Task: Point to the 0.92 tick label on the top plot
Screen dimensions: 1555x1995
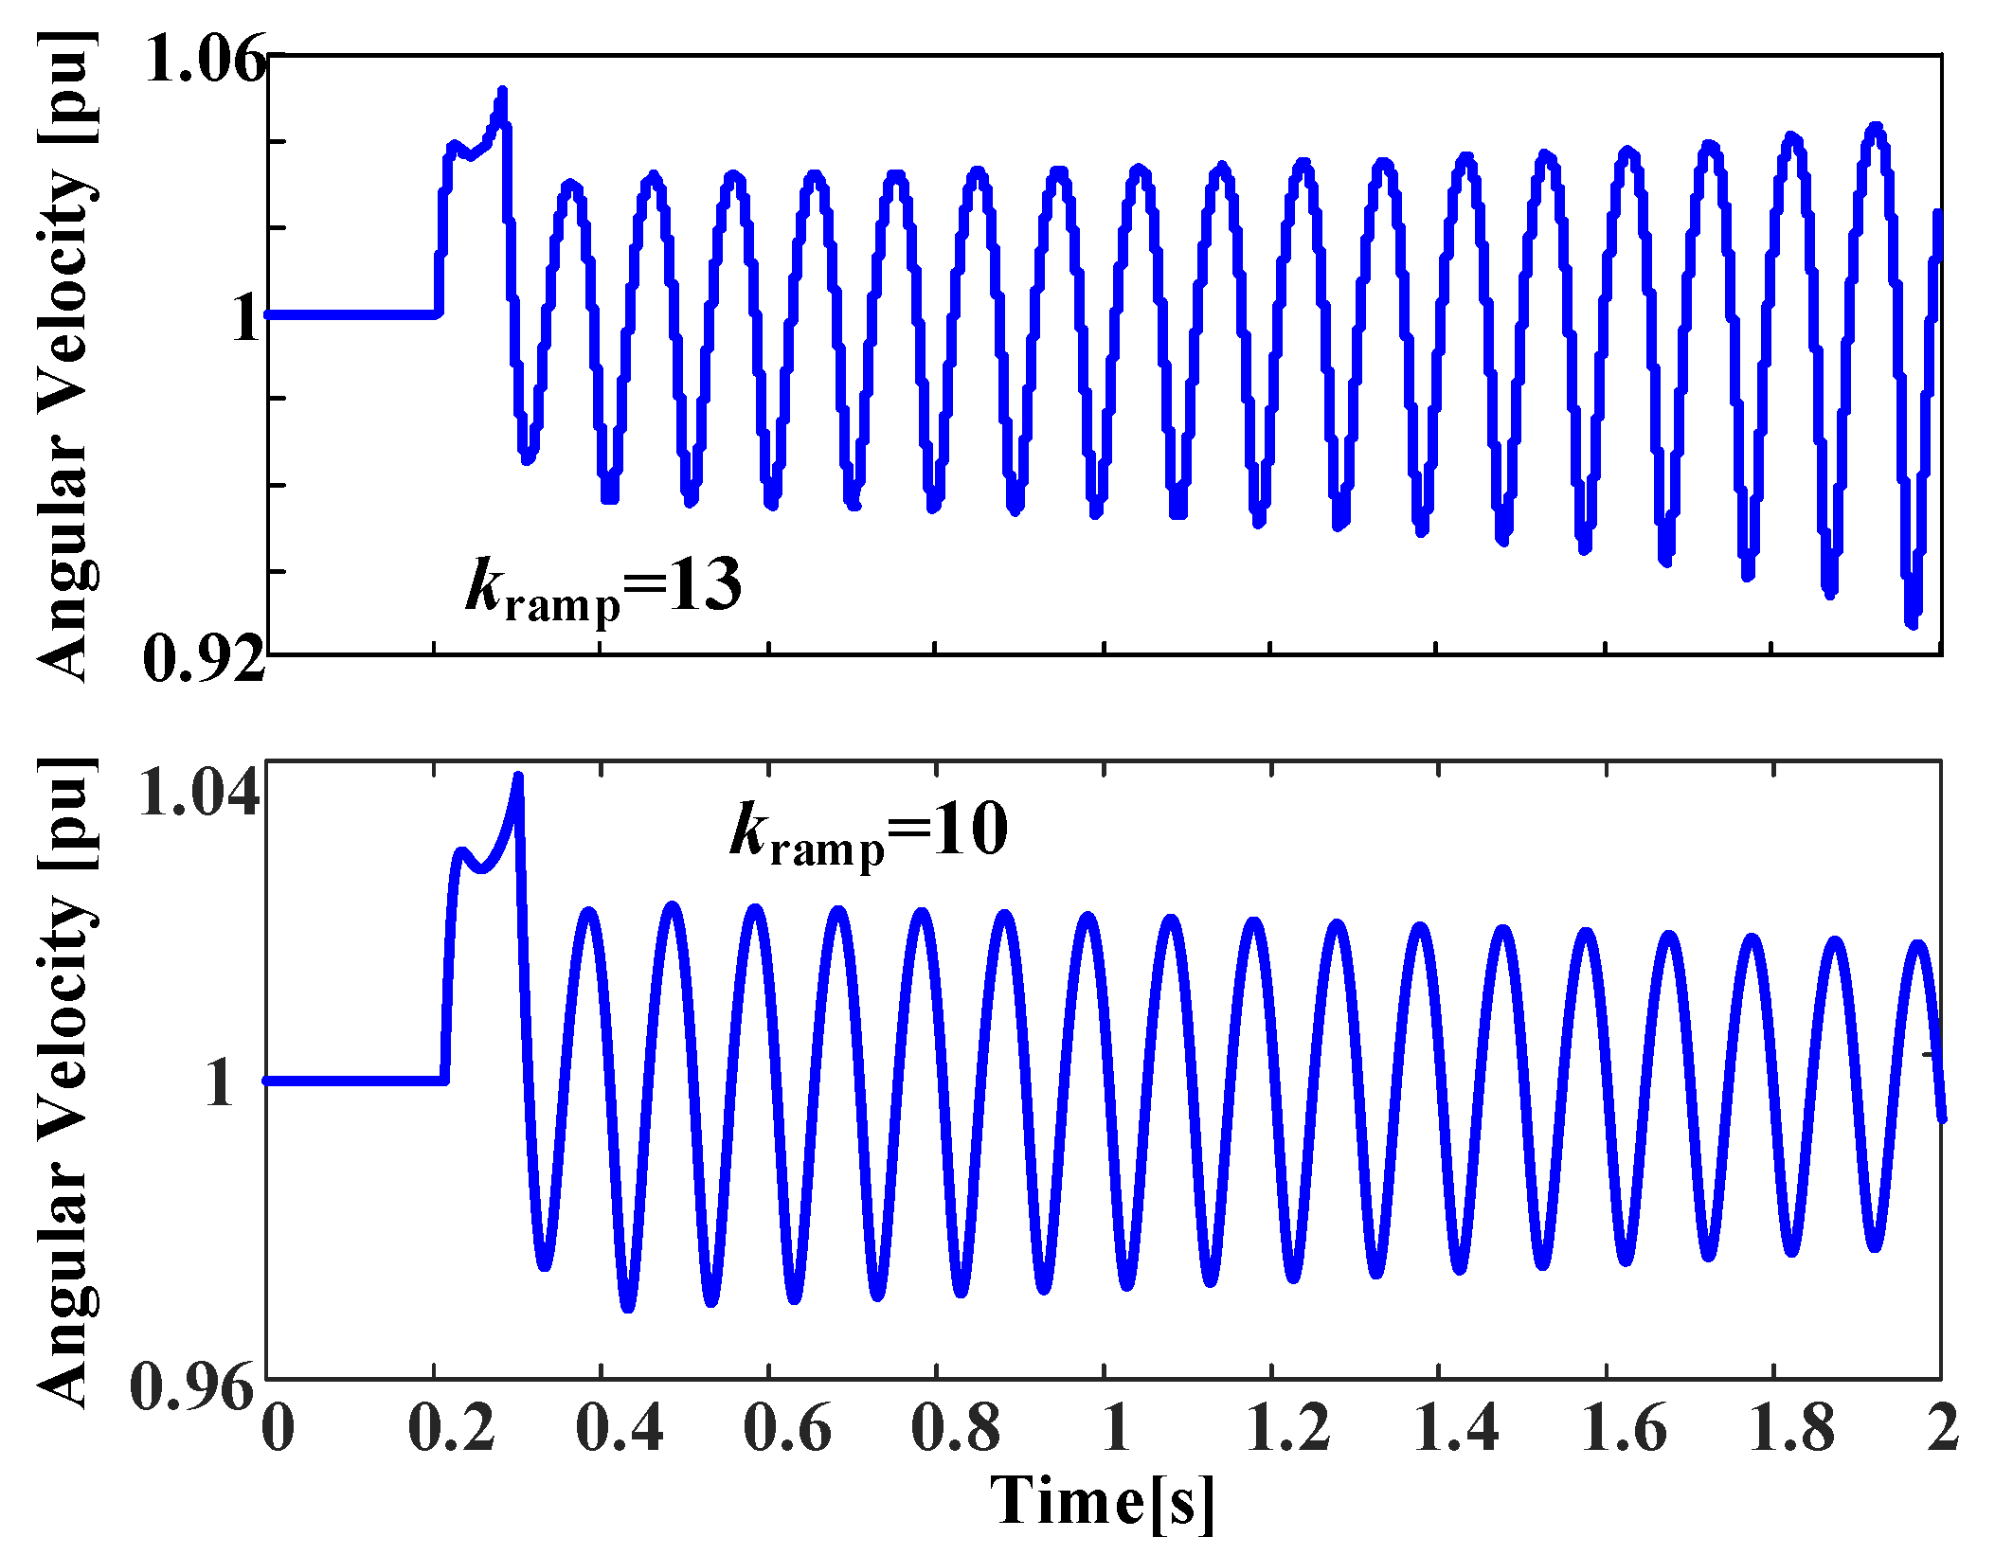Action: (x=204, y=658)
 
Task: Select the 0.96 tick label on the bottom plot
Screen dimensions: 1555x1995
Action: (x=194, y=1388)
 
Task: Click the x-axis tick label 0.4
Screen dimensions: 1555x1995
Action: (x=620, y=1427)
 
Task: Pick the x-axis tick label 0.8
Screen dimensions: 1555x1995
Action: (x=955, y=1427)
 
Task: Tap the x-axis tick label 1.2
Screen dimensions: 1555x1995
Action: (x=1288, y=1427)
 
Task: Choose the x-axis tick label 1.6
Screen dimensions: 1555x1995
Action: (x=1624, y=1427)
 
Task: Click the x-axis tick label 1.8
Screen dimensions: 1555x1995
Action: (x=1790, y=1427)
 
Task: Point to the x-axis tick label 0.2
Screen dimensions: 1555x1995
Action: (x=452, y=1427)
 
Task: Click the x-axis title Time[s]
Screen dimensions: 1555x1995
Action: (x=1103, y=1502)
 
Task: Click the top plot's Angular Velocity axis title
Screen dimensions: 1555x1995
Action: (x=66, y=355)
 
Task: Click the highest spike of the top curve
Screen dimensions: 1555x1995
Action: (x=503, y=92)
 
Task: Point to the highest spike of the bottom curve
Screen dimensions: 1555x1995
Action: (x=518, y=777)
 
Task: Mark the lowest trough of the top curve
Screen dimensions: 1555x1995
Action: (x=1912, y=622)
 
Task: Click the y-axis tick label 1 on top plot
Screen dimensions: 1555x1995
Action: (x=245, y=317)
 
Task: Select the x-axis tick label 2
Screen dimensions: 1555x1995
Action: (x=1943, y=1427)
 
